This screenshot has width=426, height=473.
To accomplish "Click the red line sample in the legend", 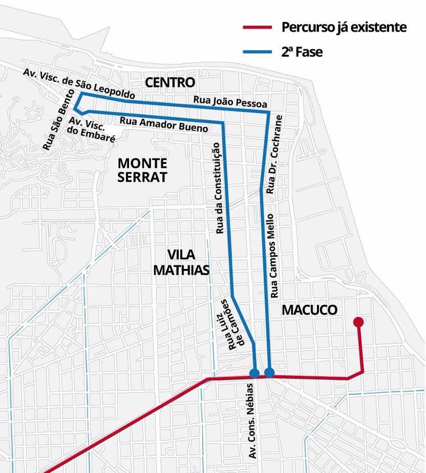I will [257, 28].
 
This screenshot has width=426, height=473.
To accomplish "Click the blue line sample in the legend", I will [257, 52].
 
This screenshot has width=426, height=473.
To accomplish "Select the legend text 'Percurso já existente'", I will [344, 28].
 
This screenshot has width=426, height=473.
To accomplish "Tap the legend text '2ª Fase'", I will [302, 52].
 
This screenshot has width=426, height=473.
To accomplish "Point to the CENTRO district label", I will [170, 82].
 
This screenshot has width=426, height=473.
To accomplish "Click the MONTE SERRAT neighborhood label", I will [142, 170].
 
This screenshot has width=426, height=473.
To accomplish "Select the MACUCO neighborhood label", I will [309, 310].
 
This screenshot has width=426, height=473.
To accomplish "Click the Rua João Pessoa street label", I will [230, 102].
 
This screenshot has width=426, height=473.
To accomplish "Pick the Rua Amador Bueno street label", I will [164, 124].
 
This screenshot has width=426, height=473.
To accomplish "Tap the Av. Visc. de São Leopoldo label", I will [79, 83].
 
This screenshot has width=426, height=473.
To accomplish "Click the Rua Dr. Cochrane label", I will [274, 154].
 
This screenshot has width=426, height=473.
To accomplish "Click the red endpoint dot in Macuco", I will [358, 322].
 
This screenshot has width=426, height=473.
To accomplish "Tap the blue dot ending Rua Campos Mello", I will [269, 372].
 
